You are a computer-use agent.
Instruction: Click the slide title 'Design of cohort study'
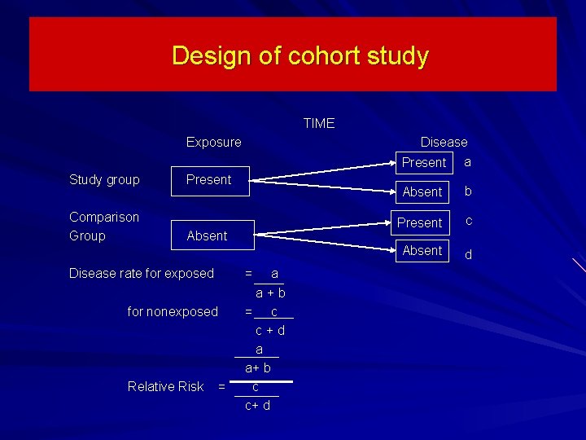300,56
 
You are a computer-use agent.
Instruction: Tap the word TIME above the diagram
318,124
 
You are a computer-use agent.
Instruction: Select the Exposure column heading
213,143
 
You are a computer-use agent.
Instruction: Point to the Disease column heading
444,143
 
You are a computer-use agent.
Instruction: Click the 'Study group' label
104,180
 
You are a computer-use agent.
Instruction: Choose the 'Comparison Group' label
104,227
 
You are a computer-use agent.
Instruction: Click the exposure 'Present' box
208,180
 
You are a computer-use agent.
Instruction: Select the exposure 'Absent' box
208,236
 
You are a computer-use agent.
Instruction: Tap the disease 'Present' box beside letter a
424,163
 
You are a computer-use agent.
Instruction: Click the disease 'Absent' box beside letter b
422,192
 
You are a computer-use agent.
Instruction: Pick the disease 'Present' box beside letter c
420,222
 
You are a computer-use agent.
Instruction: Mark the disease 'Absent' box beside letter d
422,251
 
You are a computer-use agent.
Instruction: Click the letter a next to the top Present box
467,162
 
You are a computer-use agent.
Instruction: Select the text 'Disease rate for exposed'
142,274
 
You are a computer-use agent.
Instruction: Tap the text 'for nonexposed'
173,312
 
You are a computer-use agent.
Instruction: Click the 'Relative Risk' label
165,387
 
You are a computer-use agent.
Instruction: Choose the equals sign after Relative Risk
221,387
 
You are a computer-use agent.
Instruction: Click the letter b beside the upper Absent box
467,192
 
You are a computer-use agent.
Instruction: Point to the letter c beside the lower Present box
468,221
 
